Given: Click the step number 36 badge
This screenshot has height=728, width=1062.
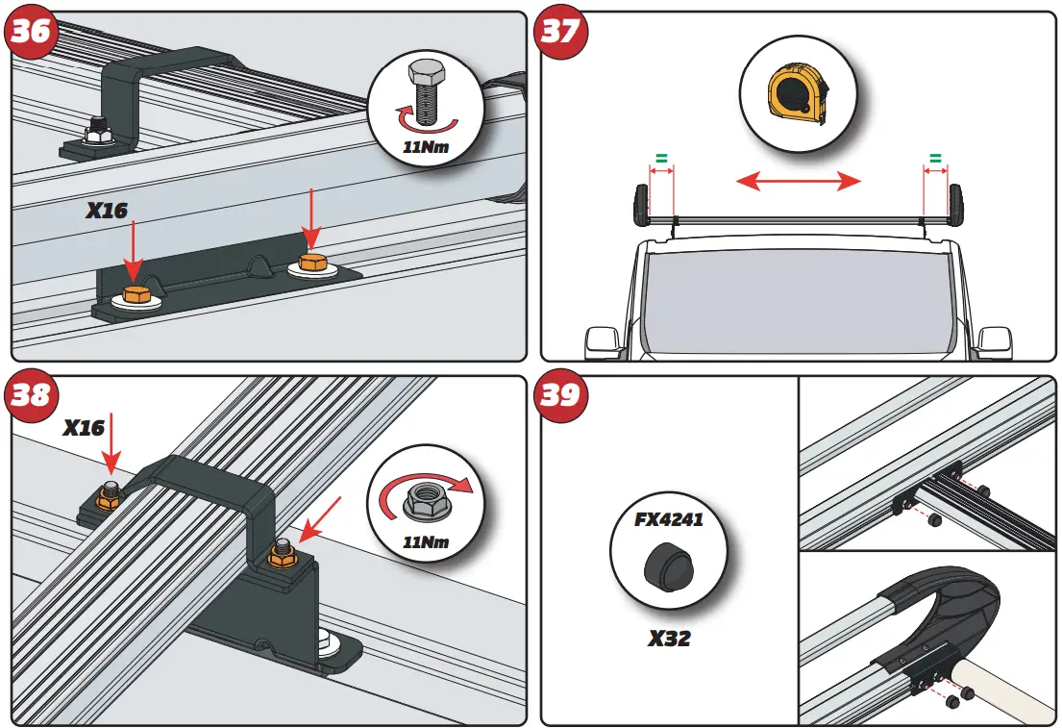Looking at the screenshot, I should [x=31, y=32].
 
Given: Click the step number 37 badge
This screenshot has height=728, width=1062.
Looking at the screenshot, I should [x=560, y=32].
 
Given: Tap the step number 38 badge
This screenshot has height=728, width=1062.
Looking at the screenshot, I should [x=31, y=395].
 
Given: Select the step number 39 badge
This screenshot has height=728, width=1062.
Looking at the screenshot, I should [x=560, y=395].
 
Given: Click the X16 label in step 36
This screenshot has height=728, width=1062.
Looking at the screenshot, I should [x=107, y=210].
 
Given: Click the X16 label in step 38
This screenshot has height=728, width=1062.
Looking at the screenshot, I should [x=85, y=428].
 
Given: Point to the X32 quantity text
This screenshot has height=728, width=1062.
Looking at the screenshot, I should [x=669, y=639].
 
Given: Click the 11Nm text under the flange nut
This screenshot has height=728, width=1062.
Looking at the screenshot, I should [x=426, y=542].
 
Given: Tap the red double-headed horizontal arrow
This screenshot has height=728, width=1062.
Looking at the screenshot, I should [x=798, y=181].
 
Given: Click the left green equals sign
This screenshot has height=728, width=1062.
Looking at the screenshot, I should [x=661, y=157].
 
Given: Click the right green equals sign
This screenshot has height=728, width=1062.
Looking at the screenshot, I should [x=935, y=157].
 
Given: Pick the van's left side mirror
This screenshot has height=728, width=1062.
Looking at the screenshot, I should [x=604, y=339].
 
